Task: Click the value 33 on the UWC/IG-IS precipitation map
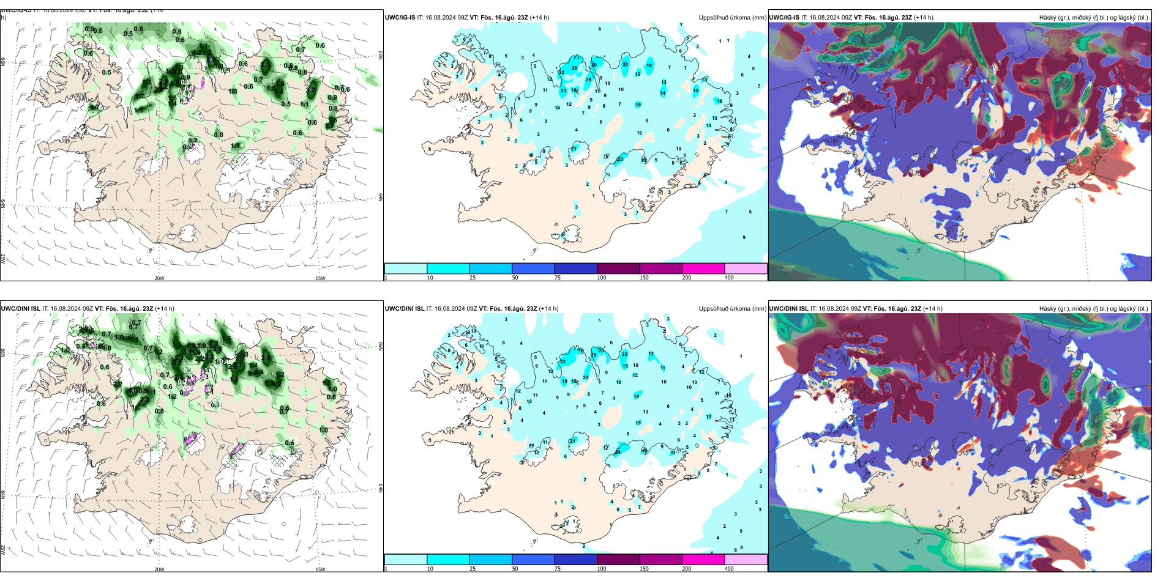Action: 625,64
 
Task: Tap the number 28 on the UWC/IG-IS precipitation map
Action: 574,68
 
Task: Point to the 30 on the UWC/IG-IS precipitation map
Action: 594,65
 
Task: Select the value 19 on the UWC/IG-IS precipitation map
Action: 695,91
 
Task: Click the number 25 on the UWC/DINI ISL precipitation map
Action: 593,355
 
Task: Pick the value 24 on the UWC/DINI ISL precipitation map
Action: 618,452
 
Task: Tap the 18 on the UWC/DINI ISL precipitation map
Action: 636,396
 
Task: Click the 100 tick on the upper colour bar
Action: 602,278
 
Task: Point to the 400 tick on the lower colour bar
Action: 729,569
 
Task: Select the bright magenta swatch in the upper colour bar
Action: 703,268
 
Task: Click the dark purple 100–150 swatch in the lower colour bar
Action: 618,560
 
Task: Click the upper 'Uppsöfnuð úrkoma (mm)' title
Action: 732,18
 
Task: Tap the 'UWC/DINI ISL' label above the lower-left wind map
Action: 20,309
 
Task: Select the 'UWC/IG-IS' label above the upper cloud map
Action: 784,18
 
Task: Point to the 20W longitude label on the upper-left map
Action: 159,278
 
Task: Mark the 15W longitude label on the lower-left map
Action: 320,569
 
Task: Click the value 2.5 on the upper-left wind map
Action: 265,64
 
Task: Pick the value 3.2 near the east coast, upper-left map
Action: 310,90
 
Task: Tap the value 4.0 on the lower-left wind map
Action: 133,391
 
